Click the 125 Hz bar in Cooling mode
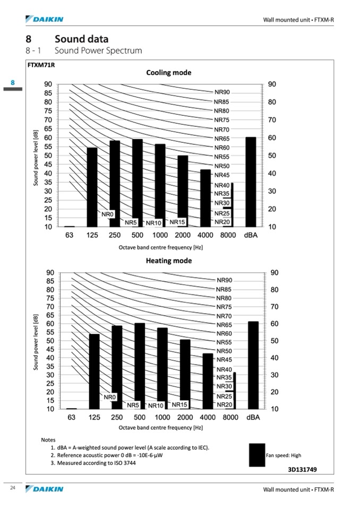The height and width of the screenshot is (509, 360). [x=92, y=187]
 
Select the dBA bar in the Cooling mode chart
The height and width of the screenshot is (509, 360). [x=251, y=182]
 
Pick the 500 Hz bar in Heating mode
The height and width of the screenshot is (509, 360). [x=140, y=366]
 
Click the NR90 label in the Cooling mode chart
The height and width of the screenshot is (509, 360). [x=221, y=92]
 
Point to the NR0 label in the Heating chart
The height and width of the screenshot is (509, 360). [x=110, y=397]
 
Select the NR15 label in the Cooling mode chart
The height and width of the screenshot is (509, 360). [x=177, y=222]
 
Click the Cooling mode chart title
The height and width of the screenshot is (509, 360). [x=168, y=73]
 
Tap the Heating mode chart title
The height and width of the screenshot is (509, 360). [x=169, y=261]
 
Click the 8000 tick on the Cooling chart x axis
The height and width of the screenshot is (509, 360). [x=228, y=235]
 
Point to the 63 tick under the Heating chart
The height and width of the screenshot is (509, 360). [x=72, y=418]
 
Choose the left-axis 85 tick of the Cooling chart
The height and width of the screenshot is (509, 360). [x=48, y=93]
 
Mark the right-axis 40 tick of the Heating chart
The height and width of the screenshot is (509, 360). [x=274, y=358]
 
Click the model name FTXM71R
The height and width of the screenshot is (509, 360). [x=41, y=65]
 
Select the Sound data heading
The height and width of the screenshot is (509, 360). [x=81, y=39]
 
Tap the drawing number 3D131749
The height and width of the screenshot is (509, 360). [x=303, y=469]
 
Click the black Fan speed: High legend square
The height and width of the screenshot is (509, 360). [x=256, y=455]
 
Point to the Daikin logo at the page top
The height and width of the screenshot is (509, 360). [x=44, y=20]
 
